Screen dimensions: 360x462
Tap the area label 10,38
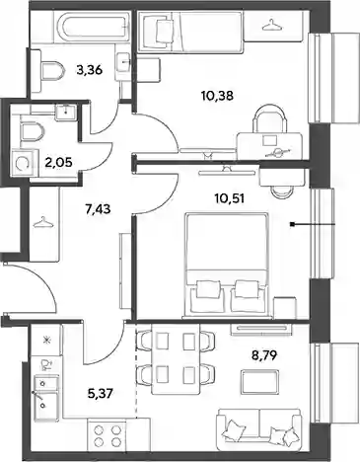(217, 96)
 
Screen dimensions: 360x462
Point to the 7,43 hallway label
(99, 208)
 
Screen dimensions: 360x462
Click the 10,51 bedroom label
(229, 198)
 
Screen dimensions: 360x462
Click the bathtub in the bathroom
(92, 25)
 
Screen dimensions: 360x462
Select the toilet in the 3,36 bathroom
(52, 70)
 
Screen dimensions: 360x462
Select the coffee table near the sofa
(259, 382)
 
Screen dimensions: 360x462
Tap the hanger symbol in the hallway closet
(43, 222)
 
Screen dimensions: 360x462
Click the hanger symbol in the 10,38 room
(272, 24)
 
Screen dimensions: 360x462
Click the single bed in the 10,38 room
(190, 32)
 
